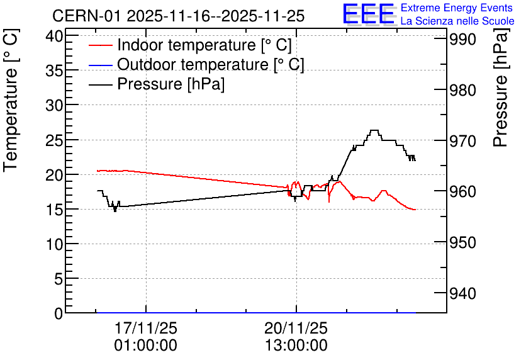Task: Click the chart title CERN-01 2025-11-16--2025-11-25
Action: point(179,16)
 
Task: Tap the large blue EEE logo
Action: point(368,14)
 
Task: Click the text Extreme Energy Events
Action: point(457,8)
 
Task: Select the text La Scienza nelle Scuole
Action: point(457,21)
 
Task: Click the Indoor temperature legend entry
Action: point(190,45)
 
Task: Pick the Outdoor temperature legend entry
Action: point(196,64)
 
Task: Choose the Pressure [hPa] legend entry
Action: point(157,84)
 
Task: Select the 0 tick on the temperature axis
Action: point(59,313)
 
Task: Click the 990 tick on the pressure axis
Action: point(462,39)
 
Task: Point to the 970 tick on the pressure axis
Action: point(462,141)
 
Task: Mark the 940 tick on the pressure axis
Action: point(462,293)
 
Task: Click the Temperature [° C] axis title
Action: point(11,100)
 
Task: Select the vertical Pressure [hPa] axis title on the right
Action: point(500,87)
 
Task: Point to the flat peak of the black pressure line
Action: point(374,130)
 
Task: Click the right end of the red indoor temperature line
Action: point(415,210)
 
